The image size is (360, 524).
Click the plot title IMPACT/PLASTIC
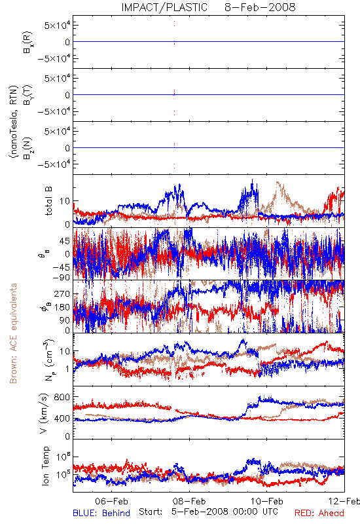[x=164, y=7]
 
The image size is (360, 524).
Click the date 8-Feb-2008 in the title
[x=260, y=7]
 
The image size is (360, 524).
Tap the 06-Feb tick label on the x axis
[x=111, y=501]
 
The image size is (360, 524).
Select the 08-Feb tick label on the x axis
[x=189, y=501]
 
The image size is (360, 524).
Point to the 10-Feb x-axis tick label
[x=267, y=501]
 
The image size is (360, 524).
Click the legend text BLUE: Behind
[x=101, y=513]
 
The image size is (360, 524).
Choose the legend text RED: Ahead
[x=319, y=513]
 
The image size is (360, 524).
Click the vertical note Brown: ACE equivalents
[x=13, y=333]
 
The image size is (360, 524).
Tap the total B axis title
[x=48, y=201]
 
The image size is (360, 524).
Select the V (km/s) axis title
[x=44, y=413]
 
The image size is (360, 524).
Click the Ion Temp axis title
[x=45, y=466]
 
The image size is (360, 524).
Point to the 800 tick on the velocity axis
[x=62, y=397]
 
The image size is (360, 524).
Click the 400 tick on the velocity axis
[x=62, y=419]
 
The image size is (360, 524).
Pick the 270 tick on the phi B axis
[x=62, y=293]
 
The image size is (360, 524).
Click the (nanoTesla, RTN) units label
[x=13, y=122]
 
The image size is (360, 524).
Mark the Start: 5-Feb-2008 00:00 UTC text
[x=208, y=512]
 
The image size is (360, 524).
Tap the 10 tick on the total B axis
[x=65, y=201]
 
